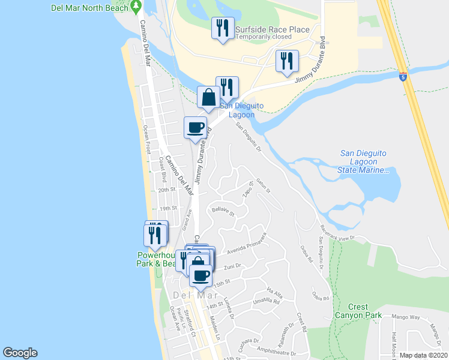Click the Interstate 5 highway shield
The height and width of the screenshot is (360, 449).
(402, 77)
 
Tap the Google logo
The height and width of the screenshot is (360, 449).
(20, 353)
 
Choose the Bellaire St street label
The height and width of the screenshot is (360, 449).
(221, 211)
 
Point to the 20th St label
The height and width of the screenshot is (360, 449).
(166, 190)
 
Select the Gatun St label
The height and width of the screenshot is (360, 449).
(264, 187)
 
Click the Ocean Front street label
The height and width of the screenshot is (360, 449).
(146, 139)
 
